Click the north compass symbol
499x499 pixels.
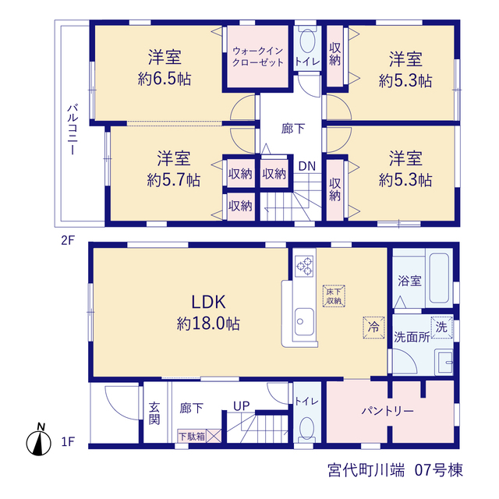pyautogui.click(x=39, y=441)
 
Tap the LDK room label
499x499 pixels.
pyautogui.click(x=208, y=302)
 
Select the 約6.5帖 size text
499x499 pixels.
pyautogui.click(x=165, y=78)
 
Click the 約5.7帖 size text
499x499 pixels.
pyautogui.click(x=174, y=180)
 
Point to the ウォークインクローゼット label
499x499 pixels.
pyautogui.click(x=258, y=57)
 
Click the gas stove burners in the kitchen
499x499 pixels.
pyautogui.click(x=304, y=266)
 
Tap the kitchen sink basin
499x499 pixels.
pyautogui.click(x=304, y=321)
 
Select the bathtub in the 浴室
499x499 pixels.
pyautogui.click(x=439, y=278)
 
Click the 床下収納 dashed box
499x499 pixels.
pyautogui.click(x=334, y=296)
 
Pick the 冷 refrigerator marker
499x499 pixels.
pyautogui.click(x=374, y=327)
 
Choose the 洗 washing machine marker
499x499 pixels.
pyautogui.click(x=442, y=327)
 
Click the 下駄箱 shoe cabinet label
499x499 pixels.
pyautogui.click(x=192, y=437)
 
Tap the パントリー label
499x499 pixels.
pyautogui.click(x=388, y=412)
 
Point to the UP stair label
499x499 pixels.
pyautogui.click(x=242, y=406)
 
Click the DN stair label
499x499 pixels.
pyautogui.click(x=307, y=166)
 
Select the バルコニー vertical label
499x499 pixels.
pyautogui.click(x=73, y=129)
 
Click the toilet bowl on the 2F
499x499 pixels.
pyautogui.click(x=307, y=41)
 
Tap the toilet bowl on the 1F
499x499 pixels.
pyautogui.click(x=307, y=427)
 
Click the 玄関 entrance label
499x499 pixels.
pyautogui.click(x=154, y=413)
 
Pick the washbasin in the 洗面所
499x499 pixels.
pyautogui.click(x=444, y=363)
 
